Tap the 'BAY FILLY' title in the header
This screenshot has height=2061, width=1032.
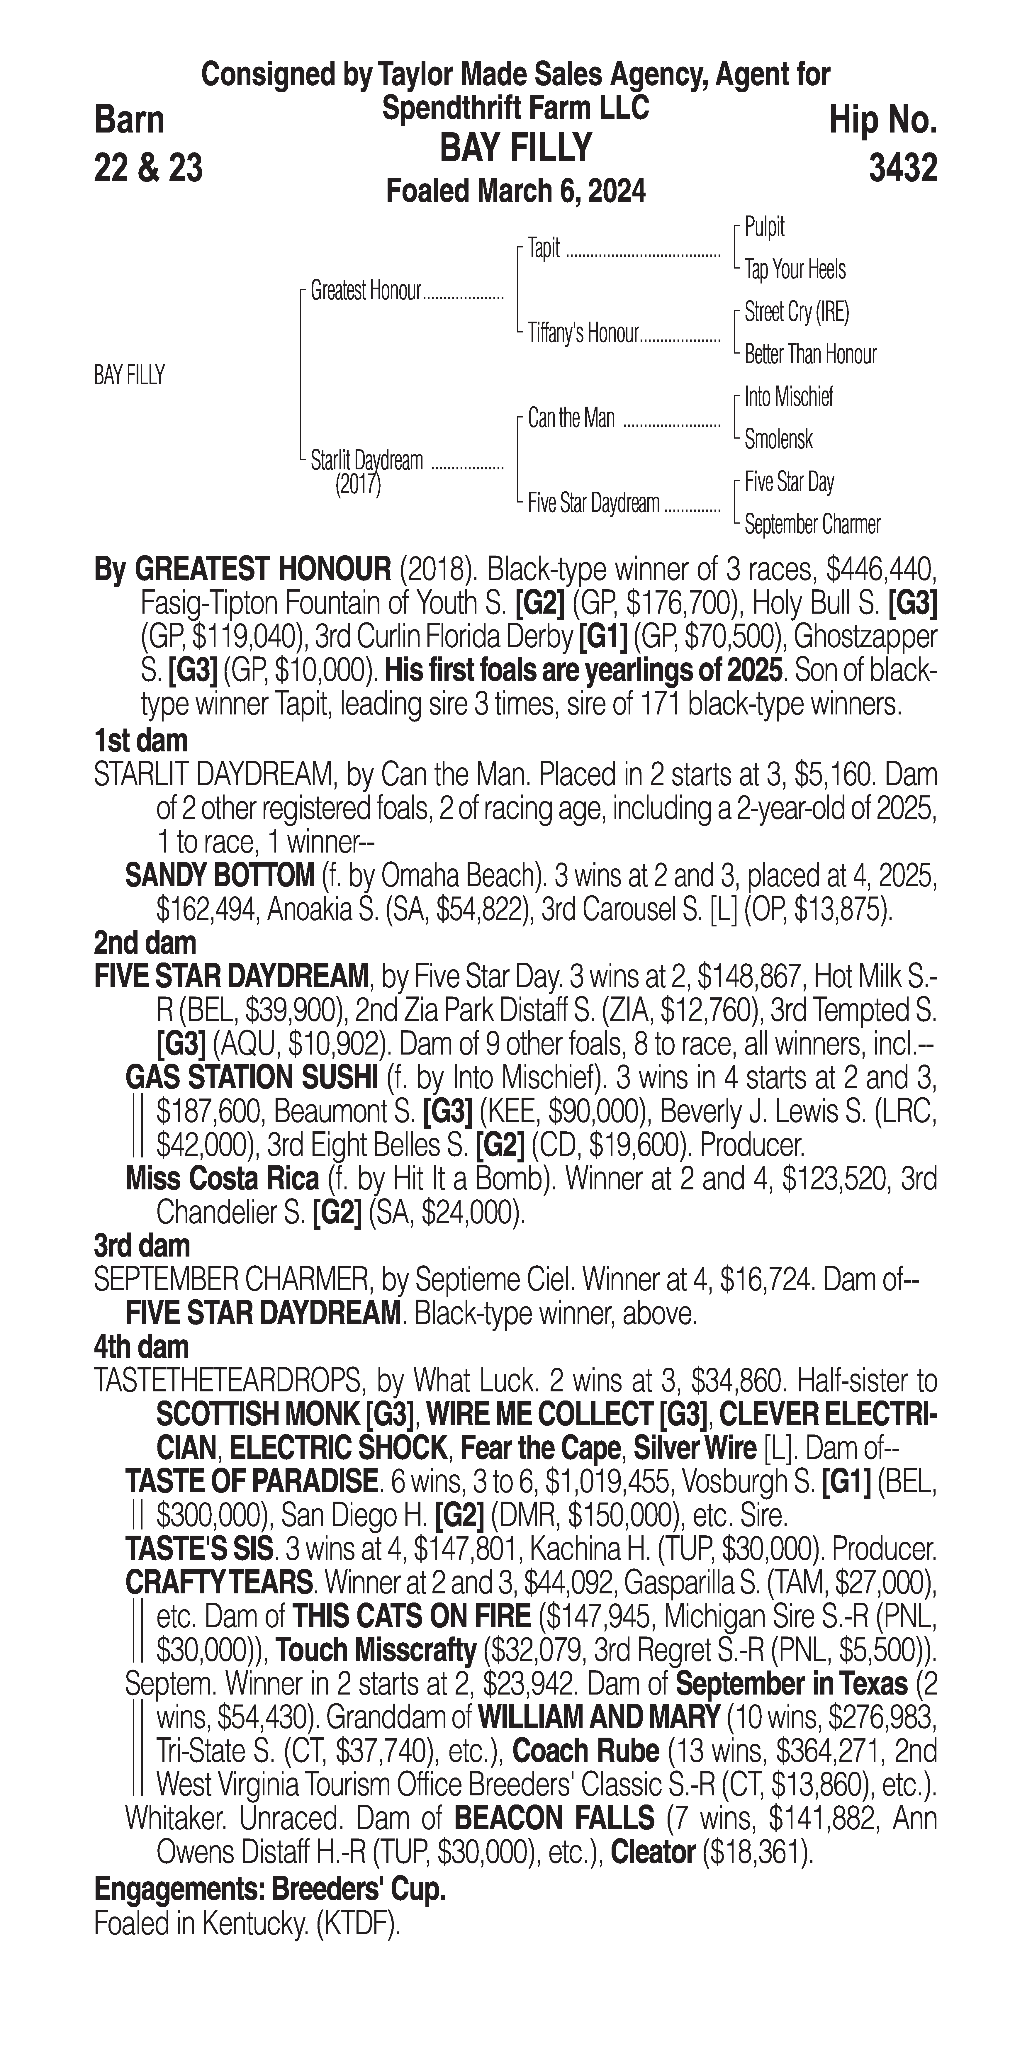(516, 148)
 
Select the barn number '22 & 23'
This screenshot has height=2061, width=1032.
(148, 168)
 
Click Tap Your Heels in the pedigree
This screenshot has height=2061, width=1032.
(795, 270)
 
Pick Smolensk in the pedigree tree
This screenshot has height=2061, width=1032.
(778, 439)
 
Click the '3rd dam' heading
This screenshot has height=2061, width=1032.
(142, 1246)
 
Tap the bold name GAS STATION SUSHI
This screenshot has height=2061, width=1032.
(251, 1078)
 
